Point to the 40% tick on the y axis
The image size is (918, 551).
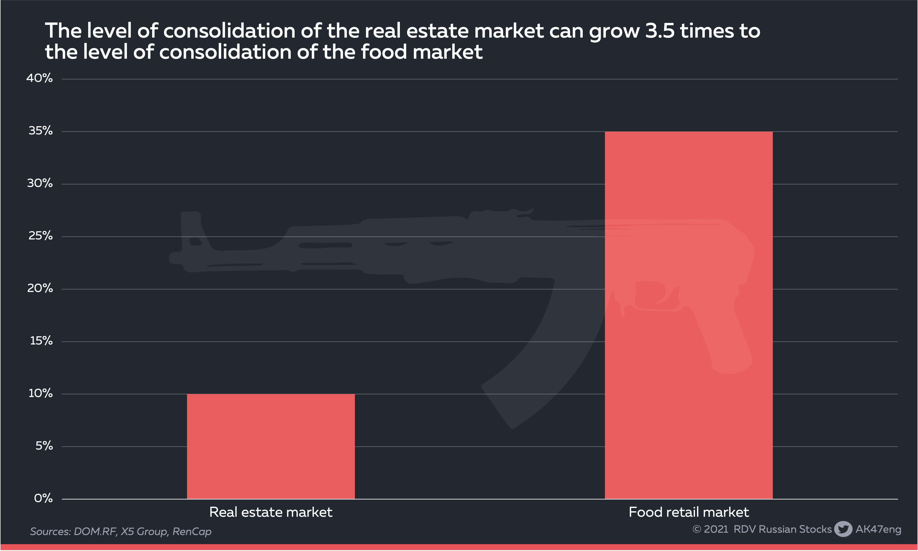(x=39, y=78)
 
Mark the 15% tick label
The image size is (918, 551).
(x=41, y=341)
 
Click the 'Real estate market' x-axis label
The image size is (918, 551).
(x=271, y=512)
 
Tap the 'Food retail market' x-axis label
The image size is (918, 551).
(x=689, y=512)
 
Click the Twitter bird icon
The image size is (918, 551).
(x=843, y=529)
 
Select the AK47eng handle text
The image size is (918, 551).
(x=878, y=529)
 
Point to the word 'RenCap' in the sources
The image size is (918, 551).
(x=192, y=532)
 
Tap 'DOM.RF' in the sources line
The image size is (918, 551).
(x=95, y=532)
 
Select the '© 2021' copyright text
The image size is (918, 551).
(x=710, y=529)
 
